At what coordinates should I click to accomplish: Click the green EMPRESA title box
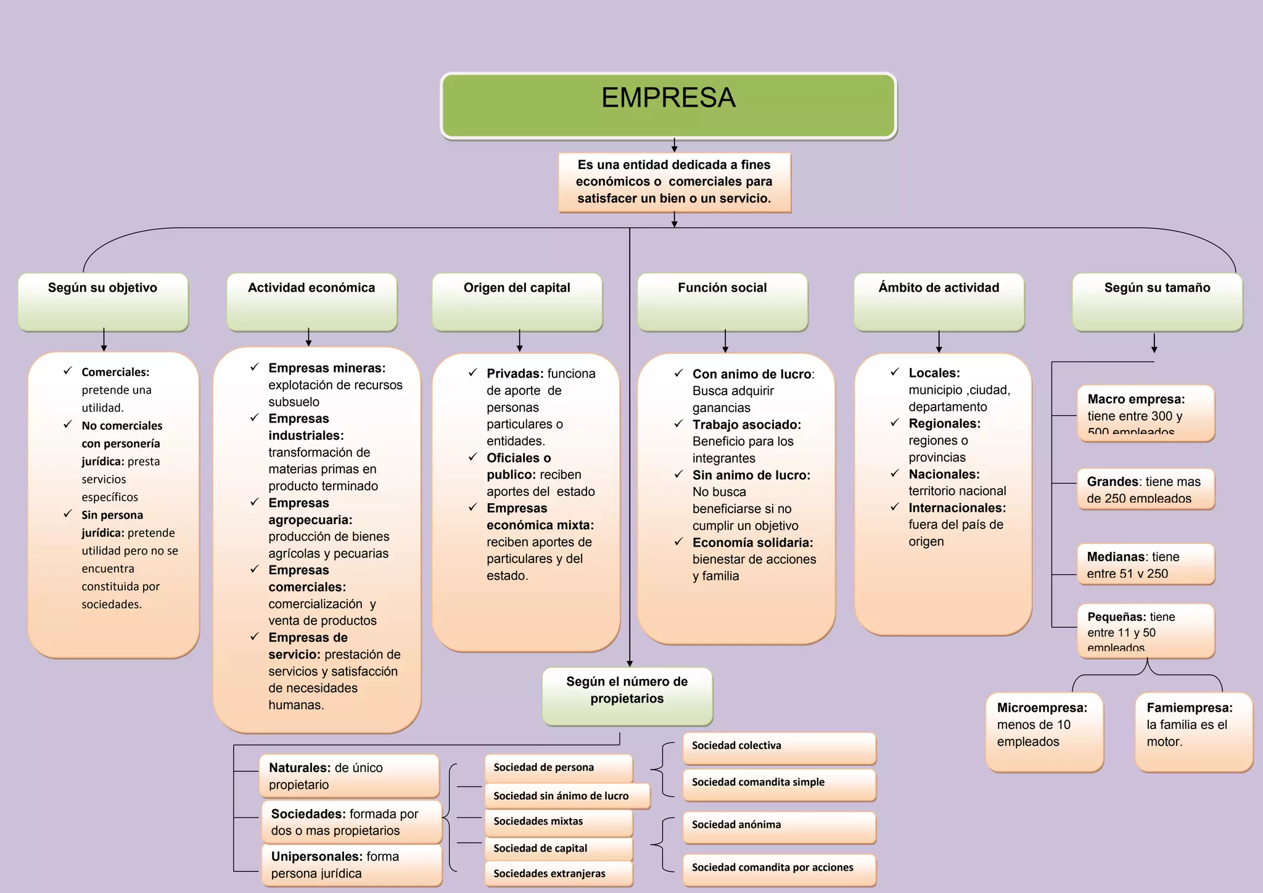[x=669, y=105]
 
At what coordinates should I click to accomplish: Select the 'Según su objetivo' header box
[x=103, y=302]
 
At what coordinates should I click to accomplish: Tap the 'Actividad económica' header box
[x=311, y=302]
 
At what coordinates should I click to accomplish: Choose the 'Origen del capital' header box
[x=517, y=302]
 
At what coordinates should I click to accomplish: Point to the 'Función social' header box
[x=722, y=302]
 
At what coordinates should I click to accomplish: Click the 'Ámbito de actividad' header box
[x=939, y=302]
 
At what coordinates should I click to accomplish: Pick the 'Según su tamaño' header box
[x=1157, y=302]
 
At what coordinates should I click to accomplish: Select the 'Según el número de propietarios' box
[x=627, y=696]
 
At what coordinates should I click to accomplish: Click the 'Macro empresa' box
[x=1145, y=413]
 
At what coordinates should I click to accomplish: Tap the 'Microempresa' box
[x=1044, y=731]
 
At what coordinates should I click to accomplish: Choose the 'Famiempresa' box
[x=1193, y=731]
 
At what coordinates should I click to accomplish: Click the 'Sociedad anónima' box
[x=779, y=827]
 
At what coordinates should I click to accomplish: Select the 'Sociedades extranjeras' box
[x=558, y=873]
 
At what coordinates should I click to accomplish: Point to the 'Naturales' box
[x=349, y=776]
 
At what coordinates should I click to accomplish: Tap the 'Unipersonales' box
[x=352, y=865]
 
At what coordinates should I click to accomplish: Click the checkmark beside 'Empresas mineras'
[x=254, y=368]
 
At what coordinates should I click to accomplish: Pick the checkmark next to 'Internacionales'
[x=895, y=507]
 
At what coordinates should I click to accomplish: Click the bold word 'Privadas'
[x=514, y=374]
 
